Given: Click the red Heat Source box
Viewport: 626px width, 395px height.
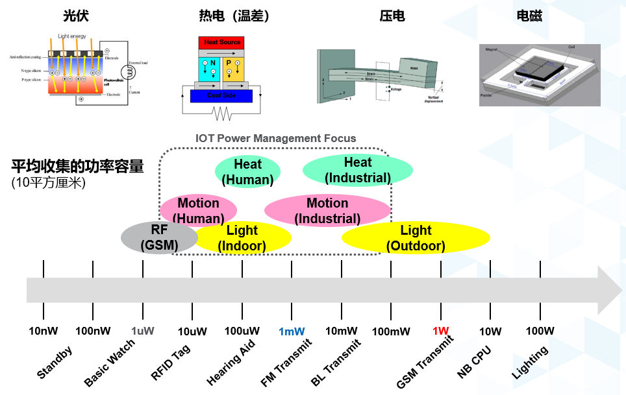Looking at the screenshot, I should (222, 43).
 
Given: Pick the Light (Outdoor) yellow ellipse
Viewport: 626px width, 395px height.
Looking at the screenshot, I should (416, 238).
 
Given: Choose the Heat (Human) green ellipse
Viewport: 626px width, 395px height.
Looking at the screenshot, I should (247, 172).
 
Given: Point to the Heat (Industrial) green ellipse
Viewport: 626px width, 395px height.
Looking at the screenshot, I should (358, 170).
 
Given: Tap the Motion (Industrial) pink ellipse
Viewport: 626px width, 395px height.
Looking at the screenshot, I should (327, 211).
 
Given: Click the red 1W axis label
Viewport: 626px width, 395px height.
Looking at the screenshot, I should (441, 331).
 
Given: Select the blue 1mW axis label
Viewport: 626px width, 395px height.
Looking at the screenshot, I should (292, 331).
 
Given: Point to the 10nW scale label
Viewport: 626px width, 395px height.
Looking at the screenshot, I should (44, 331).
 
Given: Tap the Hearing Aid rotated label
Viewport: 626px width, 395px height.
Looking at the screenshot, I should (231, 363).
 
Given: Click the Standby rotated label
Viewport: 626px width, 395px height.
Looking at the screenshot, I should (55, 363).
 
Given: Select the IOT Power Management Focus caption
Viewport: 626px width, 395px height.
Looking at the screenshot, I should (275, 138).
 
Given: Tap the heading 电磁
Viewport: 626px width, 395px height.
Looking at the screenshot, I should (529, 16).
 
